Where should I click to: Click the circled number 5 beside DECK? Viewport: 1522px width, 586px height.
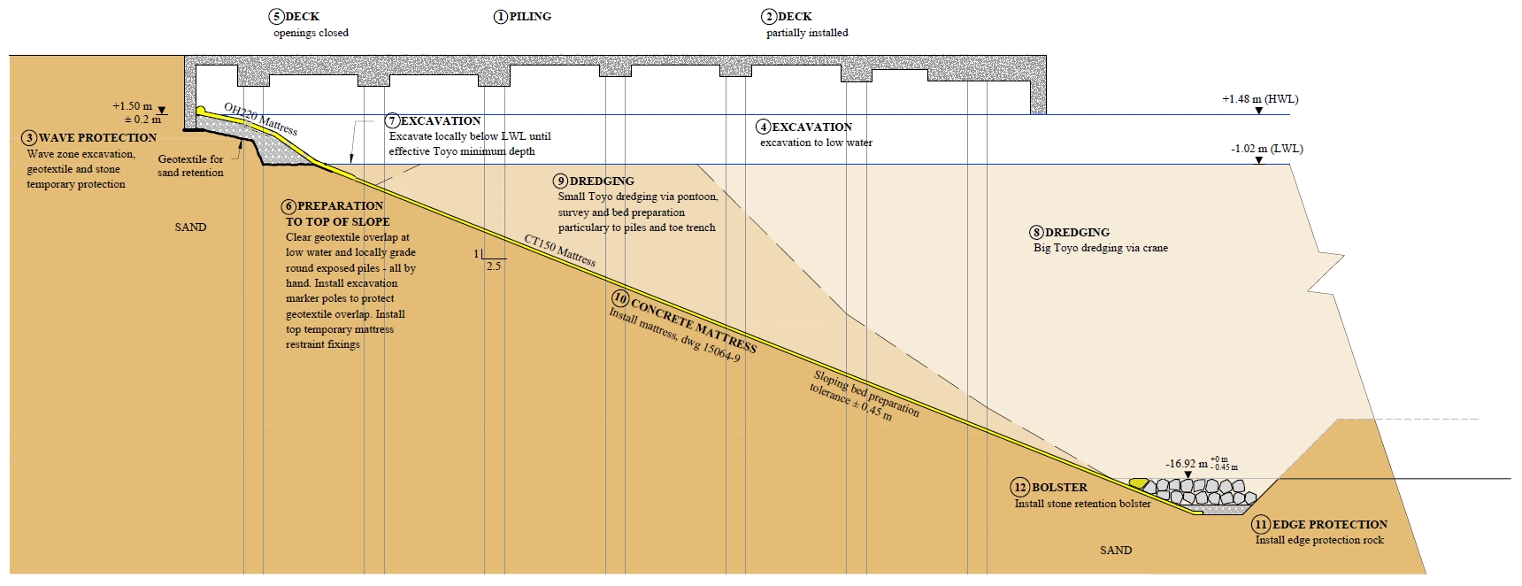tap(277, 16)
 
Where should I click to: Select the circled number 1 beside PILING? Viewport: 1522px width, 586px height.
tap(501, 17)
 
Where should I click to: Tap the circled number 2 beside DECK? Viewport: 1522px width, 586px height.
tap(769, 17)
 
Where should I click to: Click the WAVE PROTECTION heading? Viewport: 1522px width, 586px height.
tap(97, 138)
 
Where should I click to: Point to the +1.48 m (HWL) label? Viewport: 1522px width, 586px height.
tap(1260, 99)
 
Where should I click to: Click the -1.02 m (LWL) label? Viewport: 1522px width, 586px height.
tap(1266, 149)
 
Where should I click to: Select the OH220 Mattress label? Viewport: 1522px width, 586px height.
tap(260, 119)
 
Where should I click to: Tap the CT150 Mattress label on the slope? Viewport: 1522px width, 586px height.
tap(560, 251)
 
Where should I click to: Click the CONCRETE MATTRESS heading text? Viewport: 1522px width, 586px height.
tap(694, 327)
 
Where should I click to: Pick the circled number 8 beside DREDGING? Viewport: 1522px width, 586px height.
tap(1036, 233)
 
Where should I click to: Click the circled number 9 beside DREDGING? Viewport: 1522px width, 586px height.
tap(561, 181)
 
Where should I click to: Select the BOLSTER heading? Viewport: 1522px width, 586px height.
tap(1059, 488)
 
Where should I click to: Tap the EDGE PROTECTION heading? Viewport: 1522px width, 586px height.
tap(1330, 525)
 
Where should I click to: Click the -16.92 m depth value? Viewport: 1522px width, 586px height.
tap(1187, 464)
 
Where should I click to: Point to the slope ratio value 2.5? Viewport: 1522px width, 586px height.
tap(494, 266)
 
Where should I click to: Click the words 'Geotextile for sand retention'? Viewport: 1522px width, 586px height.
tap(190, 166)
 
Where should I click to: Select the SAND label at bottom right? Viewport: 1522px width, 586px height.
tap(1116, 551)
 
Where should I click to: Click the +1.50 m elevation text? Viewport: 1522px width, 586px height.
tap(132, 106)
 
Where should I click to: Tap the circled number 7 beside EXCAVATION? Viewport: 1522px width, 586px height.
tap(392, 121)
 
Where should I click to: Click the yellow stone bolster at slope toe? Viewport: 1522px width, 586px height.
tap(1139, 483)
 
